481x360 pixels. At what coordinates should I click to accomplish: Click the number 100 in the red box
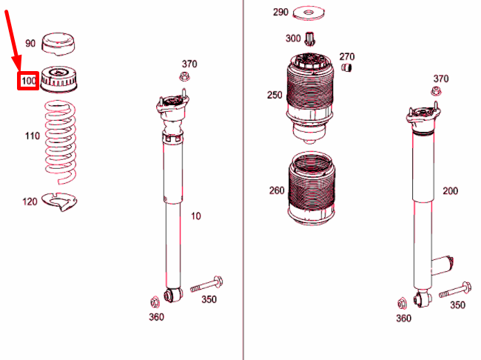click(x=28, y=81)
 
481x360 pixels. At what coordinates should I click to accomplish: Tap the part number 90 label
click(x=30, y=43)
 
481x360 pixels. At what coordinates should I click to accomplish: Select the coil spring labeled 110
click(x=61, y=142)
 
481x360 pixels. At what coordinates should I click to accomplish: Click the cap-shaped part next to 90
click(x=58, y=44)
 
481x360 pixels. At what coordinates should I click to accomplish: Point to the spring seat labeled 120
click(x=59, y=201)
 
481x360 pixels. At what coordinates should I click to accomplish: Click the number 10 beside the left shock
click(x=196, y=216)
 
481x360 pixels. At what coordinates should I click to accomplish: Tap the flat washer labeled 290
click(x=309, y=13)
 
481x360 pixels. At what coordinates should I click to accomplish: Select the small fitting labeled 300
click(x=310, y=39)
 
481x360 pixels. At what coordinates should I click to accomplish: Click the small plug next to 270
click(x=346, y=67)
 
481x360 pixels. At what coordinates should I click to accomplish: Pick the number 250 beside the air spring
click(x=275, y=95)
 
